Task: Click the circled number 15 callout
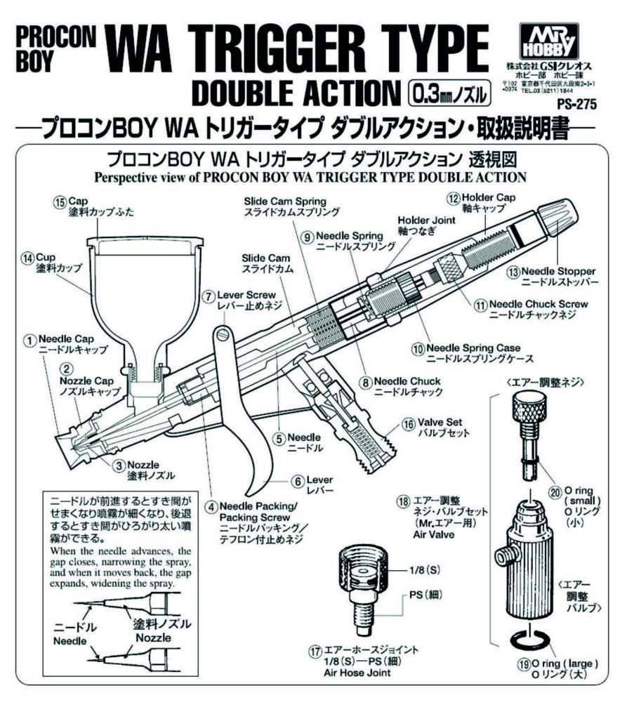(x=59, y=202)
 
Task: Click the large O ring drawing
(x=528, y=640)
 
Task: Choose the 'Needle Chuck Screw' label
(x=539, y=304)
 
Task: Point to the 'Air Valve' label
(x=419, y=534)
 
